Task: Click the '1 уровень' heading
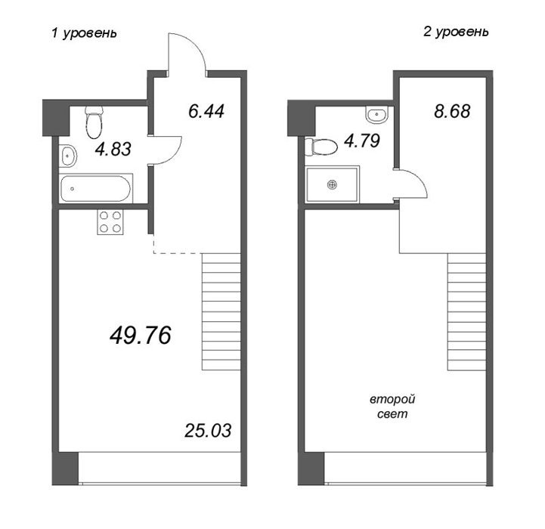point(84,33)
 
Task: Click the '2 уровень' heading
point(456,32)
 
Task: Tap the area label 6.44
point(206,111)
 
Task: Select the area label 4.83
point(113,149)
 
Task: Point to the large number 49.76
point(141,336)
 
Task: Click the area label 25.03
point(208,431)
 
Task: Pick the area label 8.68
point(452,111)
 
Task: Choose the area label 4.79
point(362,141)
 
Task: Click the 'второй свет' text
point(392,407)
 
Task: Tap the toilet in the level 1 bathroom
point(94,122)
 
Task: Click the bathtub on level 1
point(95,188)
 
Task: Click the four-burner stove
point(110,222)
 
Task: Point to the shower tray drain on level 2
point(333,184)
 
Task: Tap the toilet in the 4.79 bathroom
point(321,147)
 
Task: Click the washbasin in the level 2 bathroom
point(377,115)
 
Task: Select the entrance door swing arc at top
point(195,43)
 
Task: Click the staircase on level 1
point(221,311)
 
